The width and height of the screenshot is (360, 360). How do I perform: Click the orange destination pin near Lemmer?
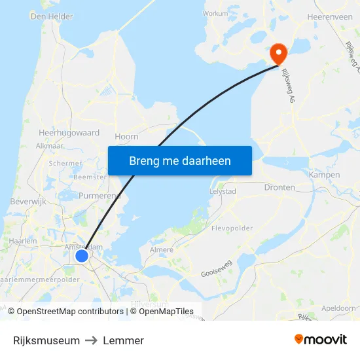[x=278, y=53]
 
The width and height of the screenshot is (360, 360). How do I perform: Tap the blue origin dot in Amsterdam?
[x=82, y=256]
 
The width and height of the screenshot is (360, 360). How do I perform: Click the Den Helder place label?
[x=52, y=16]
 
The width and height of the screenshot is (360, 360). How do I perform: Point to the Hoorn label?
[x=126, y=136]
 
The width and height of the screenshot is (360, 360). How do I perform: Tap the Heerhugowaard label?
[x=69, y=132]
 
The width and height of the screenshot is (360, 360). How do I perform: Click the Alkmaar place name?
[x=49, y=146]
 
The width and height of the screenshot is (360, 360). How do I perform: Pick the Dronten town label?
[x=279, y=187]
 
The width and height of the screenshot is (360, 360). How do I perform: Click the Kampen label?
[x=324, y=175]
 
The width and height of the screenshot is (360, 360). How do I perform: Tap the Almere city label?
[x=162, y=249]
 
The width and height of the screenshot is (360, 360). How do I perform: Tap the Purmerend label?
[x=99, y=196]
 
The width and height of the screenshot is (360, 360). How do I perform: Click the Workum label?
[x=215, y=12]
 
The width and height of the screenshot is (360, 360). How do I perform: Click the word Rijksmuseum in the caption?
[x=46, y=340]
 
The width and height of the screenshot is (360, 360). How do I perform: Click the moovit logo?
[x=321, y=340]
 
